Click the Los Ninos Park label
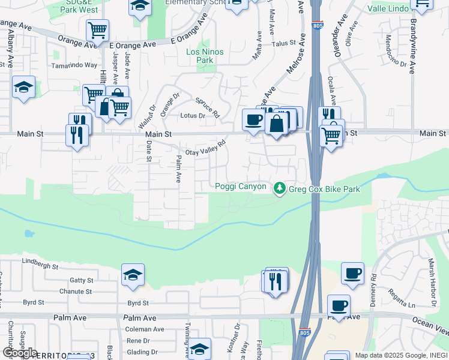[x=205, y=56]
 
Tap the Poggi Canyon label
[x=241, y=187]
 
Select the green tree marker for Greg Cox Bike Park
[x=279, y=189]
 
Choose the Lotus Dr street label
[x=194, y=116]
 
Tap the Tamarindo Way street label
[x=74, y=65]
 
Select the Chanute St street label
[x=76, y=292]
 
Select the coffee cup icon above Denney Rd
[x=352, y=273]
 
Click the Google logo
[x=20, y=353]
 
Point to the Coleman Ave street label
[x=145, y=329]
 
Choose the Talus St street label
[x=284, y=43]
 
